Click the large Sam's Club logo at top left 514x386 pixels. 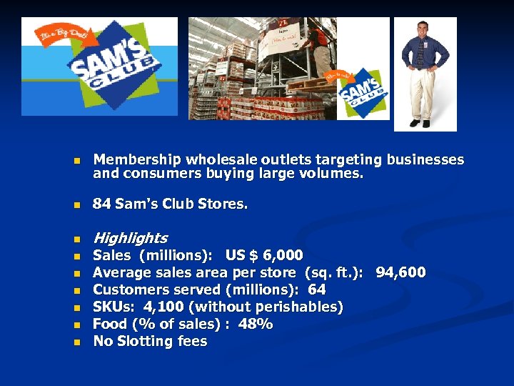114,66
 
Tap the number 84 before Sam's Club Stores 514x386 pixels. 102,204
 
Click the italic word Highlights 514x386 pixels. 130,238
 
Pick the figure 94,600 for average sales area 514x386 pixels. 400,272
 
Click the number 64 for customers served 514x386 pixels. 316,289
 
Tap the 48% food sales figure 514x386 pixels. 256,324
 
